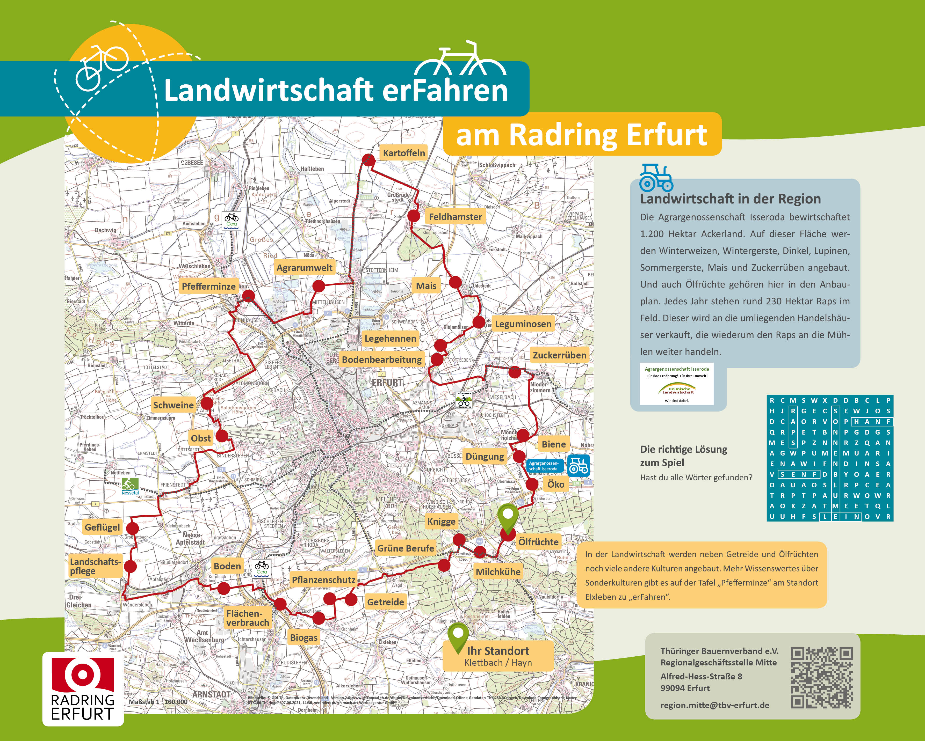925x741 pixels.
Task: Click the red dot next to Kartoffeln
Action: pyautogui.click(x=368, y=159)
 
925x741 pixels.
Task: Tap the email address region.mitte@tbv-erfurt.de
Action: pyautogui.click(x=715, y=705)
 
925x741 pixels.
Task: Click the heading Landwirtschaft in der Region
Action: pyautogui.click(x=730, y=199)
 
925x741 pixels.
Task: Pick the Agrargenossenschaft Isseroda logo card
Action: pyautogui.click(x=677, y=384)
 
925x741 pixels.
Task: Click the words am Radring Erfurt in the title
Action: pyautogui.click(x=581, y=135)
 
